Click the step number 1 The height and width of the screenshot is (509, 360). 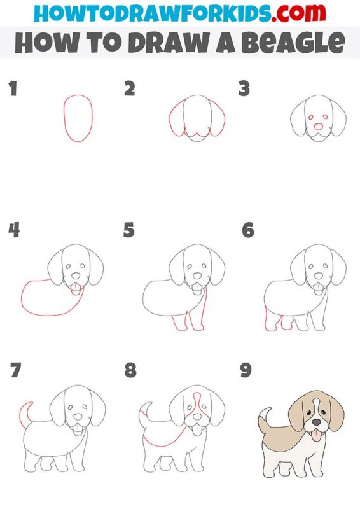(x=13, y=88)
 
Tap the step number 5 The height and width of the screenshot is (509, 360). (x=129, y=230)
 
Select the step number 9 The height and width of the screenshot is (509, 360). (x=246, y=370)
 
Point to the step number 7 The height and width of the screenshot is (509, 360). (x=15, y=370)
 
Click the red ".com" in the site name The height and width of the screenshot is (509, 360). (x=299, y=12)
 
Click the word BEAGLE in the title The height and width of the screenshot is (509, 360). (x=293, y=42)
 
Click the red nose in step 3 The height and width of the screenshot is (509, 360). (x=319, y=127)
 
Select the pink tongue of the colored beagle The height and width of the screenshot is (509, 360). (x=316, y=435)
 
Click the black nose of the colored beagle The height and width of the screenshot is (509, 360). (x=316, y=422)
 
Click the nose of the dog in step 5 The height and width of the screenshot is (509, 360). (x=197, y=276)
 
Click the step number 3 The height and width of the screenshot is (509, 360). (x=244, y=88)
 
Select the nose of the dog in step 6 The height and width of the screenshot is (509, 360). (x=319, y=276)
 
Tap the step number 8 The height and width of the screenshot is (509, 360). (x=130, y=370)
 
